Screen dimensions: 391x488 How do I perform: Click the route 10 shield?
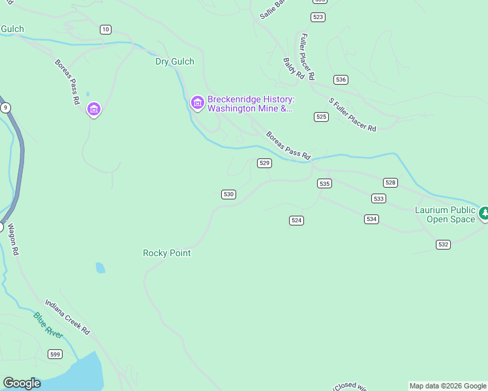point(106,29)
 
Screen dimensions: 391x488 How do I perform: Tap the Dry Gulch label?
point(175,62)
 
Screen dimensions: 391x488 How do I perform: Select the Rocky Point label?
point(167,253)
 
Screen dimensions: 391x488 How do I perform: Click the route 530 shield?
point(228,194)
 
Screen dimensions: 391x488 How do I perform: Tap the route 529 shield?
point(264,163)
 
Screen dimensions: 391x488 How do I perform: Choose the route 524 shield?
point(296,220)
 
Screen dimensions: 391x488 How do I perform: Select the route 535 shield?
point(325,184)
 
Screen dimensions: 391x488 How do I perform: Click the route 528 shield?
point(390,183)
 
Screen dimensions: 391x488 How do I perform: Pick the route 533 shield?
point(378,198)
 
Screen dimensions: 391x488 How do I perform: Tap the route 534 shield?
point(371,219)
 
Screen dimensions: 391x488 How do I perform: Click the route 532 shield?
point(444,244)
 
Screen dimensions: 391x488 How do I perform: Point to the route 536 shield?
point(340,80)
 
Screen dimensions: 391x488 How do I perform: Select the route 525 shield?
point(321,117)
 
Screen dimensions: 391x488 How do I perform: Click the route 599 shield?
point(55,354)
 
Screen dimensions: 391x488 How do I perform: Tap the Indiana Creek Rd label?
point(67,317)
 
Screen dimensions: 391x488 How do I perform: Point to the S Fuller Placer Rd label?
point(353,115)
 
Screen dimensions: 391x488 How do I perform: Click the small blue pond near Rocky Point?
point(100,267)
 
